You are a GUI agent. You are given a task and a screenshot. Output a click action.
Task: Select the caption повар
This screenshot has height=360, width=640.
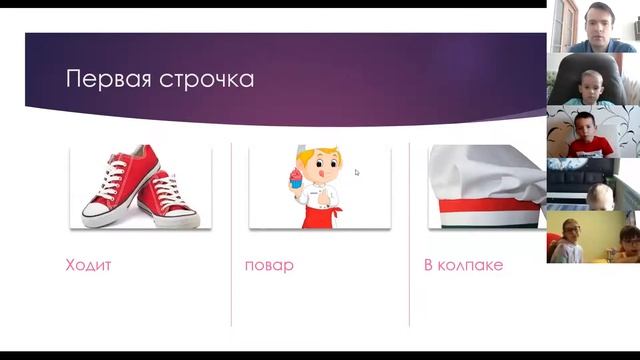(x=269, y=266)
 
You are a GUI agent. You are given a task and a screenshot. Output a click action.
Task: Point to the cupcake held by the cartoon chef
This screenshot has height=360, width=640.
(x=296, y=179)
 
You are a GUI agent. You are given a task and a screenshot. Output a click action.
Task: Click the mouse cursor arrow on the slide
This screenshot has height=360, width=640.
(x=357, y=172)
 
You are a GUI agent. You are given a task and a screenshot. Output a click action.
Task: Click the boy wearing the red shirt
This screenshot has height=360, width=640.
(x=588, y=136)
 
